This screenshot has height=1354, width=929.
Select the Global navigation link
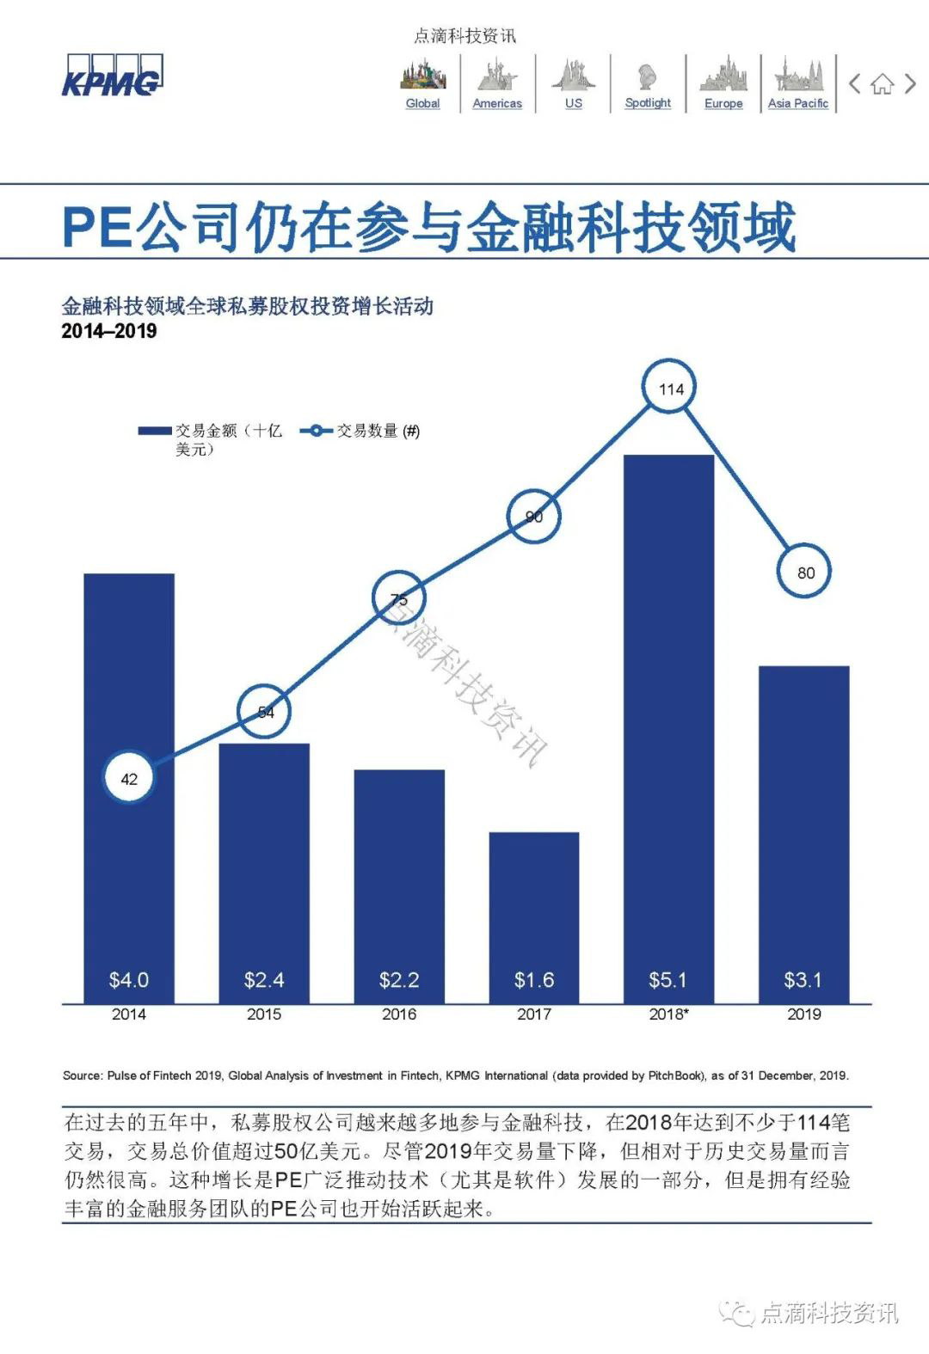click(422, 103)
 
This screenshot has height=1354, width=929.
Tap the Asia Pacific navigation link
click(797, 103)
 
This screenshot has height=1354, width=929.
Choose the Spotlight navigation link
click(648, 102)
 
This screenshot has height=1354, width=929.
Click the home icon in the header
click(882, 84)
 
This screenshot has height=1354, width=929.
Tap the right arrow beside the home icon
click(910, 84)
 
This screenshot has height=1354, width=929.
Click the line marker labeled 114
click(671, 389)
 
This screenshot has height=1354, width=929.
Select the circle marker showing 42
click(129, 779)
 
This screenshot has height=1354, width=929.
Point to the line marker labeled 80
click(805, 573)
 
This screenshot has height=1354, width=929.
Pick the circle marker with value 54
click(265, 712)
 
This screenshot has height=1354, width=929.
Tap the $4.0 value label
click(129, 980)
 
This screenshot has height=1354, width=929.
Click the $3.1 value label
click(803, 980)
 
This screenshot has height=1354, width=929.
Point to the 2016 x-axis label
click(399, 1014)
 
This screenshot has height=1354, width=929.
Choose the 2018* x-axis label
click(668, 1014)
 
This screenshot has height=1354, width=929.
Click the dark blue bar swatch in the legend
click(155, 431)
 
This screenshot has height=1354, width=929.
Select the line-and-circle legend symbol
click(317, 431)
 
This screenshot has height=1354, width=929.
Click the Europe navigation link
click(723, 103)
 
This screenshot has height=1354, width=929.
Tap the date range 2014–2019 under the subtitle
click(109, 331)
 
